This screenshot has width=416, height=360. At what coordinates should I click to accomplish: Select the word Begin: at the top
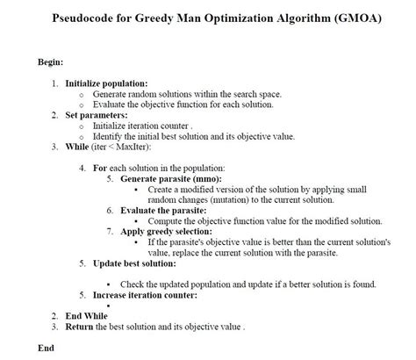pos(49,62)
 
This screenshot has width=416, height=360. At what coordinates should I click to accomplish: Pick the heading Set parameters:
pos(97,115)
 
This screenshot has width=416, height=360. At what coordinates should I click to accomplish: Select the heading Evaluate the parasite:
pos(163,210)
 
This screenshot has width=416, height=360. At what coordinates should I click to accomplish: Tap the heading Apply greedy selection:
pos(169,231)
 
